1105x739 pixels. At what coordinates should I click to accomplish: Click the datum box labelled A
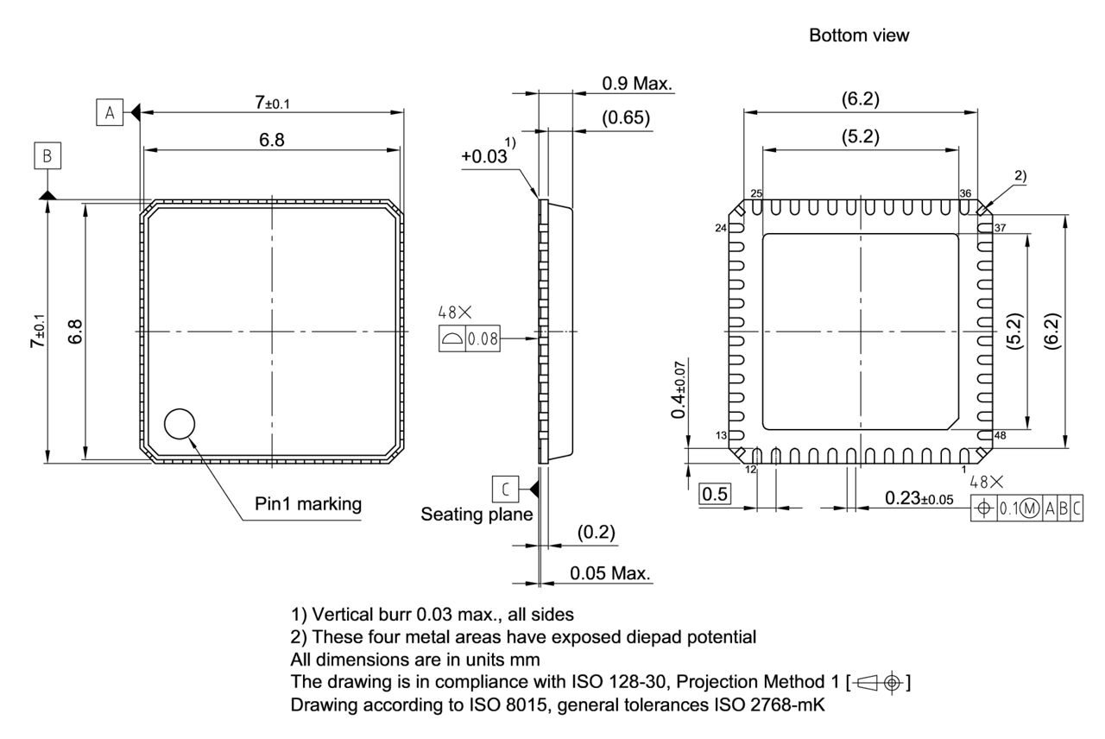tap(109, 112)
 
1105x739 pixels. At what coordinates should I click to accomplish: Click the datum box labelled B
tap(47, 156)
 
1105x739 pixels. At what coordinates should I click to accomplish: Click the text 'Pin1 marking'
tap(308, 504)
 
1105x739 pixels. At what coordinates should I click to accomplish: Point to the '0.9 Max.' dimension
tap(637, 84)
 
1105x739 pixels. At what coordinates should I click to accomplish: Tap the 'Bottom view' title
tap(859, 35)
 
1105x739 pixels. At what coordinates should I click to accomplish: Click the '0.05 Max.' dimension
tap(610, 574)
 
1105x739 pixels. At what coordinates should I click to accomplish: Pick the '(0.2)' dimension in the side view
tap(596, 533)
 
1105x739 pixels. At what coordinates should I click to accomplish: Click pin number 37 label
tap(1001, 228)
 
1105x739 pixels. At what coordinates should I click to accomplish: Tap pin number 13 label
tap(722, 434)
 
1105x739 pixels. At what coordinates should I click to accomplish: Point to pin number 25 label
tap(756, 193)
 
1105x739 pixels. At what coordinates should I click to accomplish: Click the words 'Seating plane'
tap(477, 515)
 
